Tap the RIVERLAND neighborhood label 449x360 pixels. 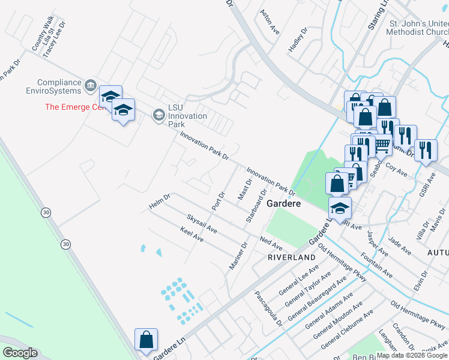[292, 257]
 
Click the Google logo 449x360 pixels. [20, 353]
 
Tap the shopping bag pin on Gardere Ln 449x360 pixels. [146, 341]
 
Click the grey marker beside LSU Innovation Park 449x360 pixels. [158, 114]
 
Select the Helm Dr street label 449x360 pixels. [160, 202]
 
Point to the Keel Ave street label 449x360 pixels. [192, 235]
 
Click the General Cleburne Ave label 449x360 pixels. [347, 329]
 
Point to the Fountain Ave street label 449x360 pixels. [377, 265]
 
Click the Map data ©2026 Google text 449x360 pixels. [412, 355]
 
